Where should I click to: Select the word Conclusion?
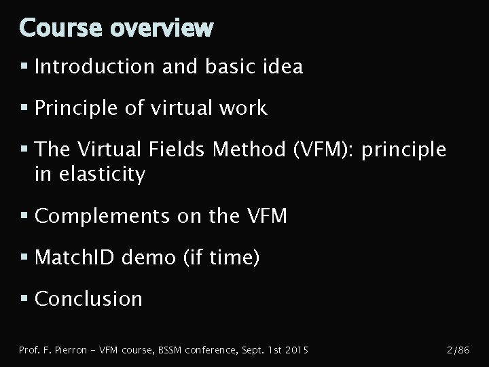[x=88, y=299]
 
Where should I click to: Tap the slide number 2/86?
[x=456, y=350]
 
